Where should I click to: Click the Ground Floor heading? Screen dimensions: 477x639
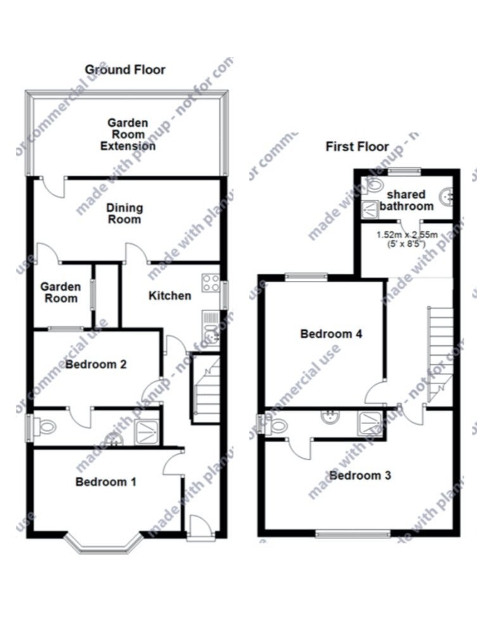click(125, 70)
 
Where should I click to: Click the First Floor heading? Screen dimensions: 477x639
click(357, 146)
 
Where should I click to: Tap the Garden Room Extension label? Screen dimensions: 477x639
click(128, 134)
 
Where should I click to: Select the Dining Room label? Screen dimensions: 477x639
click(124, 214)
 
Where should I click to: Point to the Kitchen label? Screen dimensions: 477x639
click(170, 295)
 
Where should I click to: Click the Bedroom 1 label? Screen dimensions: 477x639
click(106, 482)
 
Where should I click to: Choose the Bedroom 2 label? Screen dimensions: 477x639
click(96, 364)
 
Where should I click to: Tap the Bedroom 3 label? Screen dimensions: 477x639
click(360, 475)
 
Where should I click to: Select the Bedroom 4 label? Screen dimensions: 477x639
click(331, 333)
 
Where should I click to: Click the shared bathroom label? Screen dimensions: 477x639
click(406, 200)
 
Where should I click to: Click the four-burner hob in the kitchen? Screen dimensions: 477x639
click(211, 283)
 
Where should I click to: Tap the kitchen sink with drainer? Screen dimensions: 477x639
click(210, 329)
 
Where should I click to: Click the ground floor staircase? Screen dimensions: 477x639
click(207, 389)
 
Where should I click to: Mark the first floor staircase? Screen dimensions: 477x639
click(440, 354)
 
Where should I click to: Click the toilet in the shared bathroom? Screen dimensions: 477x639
click(372, 186)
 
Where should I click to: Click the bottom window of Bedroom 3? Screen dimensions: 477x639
click(353, 533)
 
